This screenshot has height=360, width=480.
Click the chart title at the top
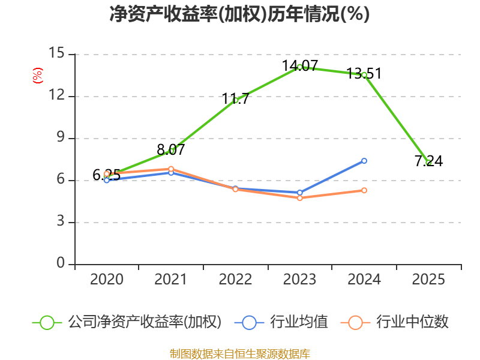click(x=239, y=14)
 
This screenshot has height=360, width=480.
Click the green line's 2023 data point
click(x=299, y=67)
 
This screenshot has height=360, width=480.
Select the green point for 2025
click(x=428, y=163)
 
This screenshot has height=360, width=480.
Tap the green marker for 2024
click(x=364, y=75)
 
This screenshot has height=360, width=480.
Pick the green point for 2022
click(x=236, y=100)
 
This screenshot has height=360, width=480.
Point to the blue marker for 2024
click(x=364, y=161)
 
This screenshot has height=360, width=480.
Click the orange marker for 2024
click(x=364, y=190)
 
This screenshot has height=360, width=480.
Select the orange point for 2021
click(x=171, y=169)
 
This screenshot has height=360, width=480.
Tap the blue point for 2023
click(x=299, y=193)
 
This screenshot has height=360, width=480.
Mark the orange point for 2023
click(x=299, y=198)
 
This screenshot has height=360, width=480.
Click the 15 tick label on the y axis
click(x=56, y=54)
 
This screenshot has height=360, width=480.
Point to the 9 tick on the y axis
click(x=61, y=138)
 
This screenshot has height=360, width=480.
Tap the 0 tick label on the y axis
click(x=61, y=264)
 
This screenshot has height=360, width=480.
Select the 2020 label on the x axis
click(x=107, y=280)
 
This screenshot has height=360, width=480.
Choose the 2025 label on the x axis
click(x=428, y=280)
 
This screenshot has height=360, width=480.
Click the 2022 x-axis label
click(x=236, y=280)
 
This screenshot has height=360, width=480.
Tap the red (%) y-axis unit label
click(x=38, y=76)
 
